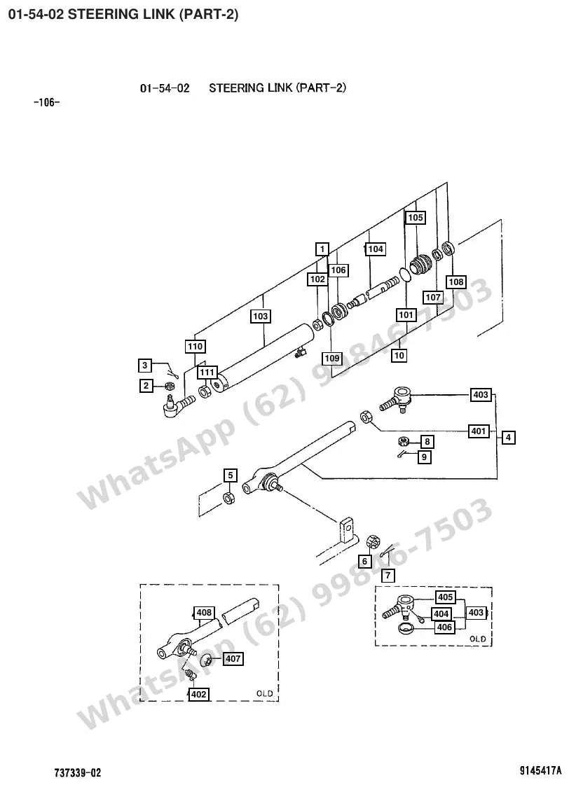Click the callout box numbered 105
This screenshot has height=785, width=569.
click(416, 217)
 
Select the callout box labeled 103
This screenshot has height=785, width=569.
click(260, 316)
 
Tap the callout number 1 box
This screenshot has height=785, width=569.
click(322, 249)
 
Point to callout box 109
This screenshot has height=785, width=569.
click(332, 358)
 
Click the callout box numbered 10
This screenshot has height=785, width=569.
click(399, 356)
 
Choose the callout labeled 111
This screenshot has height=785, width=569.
click(207, 373)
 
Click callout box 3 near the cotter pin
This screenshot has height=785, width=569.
click(145, 365)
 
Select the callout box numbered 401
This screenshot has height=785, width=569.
click(479, 431)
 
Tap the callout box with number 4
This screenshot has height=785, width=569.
click(508, 437)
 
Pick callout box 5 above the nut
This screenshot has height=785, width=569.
click(230, 475)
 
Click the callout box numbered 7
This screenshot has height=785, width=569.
click(388, 575)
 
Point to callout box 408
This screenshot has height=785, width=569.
click(204, 612)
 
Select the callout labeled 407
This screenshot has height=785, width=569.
click(233, 658)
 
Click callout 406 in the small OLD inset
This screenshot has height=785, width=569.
click(444, 627)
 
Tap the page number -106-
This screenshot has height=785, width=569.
click(46, 103)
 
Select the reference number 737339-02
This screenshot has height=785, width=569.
click(78, 772)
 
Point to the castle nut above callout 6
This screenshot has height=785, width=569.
click(373, 542)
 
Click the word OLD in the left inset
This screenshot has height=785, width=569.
click(264, 693)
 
